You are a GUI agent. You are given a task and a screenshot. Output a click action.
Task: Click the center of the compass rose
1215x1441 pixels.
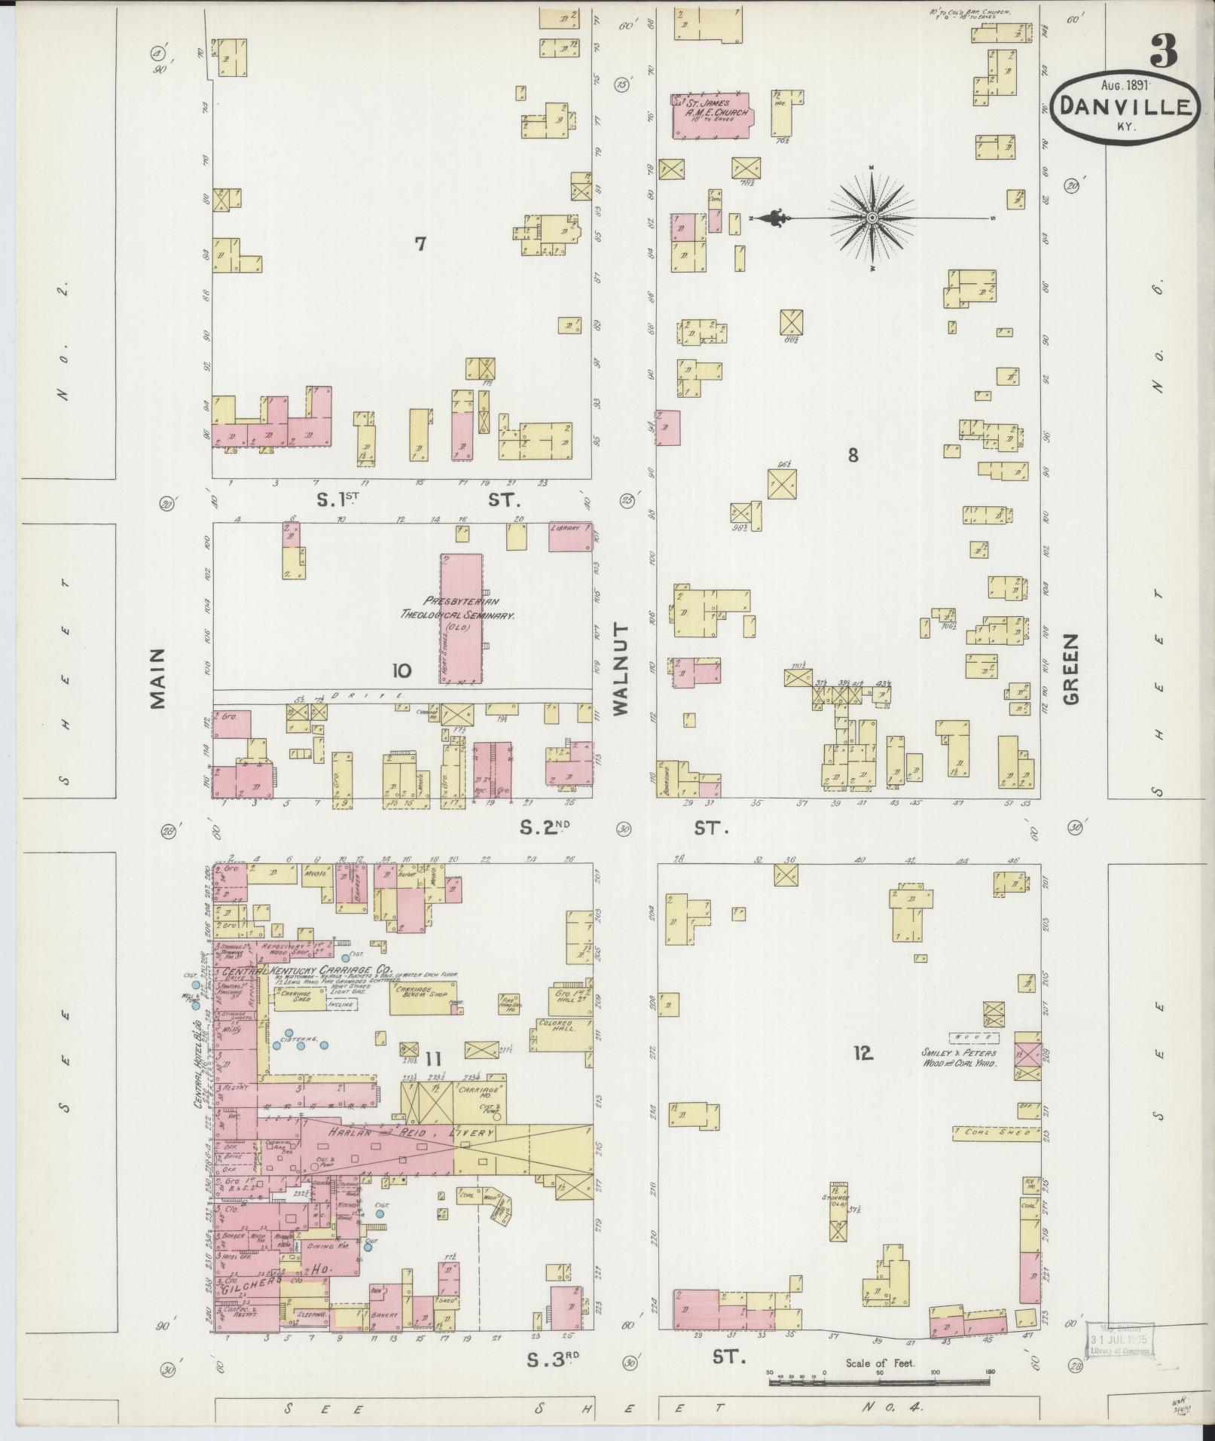point(872,218)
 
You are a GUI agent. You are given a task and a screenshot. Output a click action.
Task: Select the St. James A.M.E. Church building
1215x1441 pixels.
point(711,114)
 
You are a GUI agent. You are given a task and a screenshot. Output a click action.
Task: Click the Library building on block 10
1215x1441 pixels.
point(569,537)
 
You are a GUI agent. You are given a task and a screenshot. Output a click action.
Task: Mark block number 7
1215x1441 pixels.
point(420,243)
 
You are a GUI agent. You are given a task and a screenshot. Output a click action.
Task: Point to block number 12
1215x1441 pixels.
point(862,1053)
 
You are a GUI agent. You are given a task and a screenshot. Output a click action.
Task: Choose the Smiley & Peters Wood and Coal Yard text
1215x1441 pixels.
point(958,1058)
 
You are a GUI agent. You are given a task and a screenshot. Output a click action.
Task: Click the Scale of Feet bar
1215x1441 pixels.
point(879,1383)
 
